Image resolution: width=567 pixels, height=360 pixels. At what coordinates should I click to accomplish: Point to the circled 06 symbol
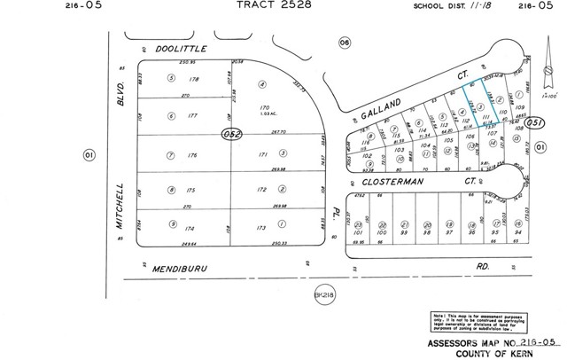pos(345,41)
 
